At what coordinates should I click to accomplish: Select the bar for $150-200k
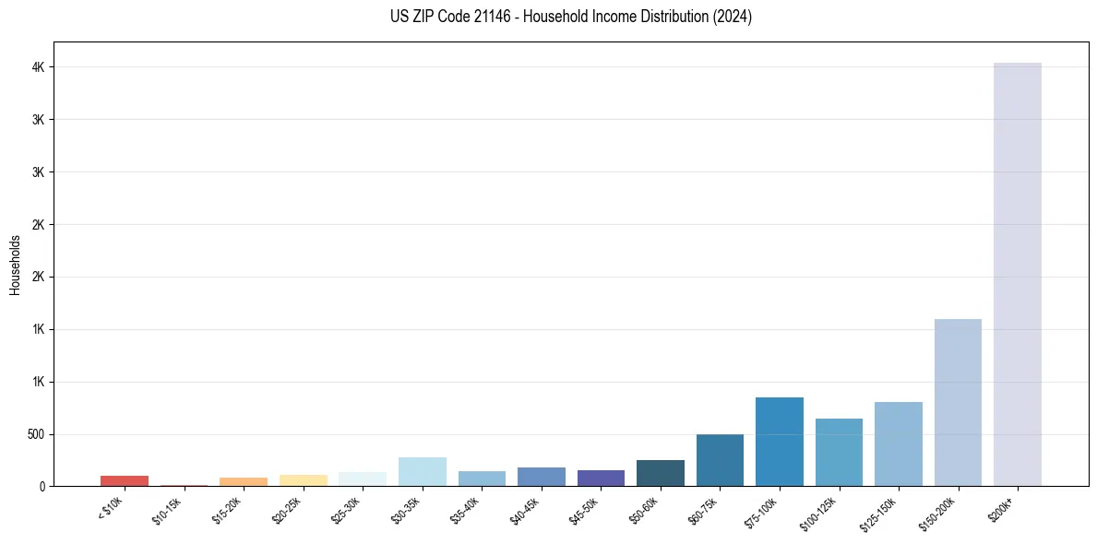coord(958,402)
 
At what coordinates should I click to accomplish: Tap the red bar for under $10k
coord(125,480)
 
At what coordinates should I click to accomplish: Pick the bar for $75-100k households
coord(780,442)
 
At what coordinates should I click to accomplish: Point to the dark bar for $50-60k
coord(661,473)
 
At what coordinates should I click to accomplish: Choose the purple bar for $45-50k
coord(601,478)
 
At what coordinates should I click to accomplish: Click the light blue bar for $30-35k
coord(423,471)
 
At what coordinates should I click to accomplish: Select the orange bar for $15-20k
coord(244,481)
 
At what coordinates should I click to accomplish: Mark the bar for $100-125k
coord(839,452)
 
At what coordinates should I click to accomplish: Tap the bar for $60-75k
coord(720,460)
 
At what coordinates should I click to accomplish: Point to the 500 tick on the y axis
coord(34,434)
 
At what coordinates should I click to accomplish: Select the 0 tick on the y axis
coord(42,486)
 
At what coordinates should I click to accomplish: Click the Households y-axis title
coord(15,265)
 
